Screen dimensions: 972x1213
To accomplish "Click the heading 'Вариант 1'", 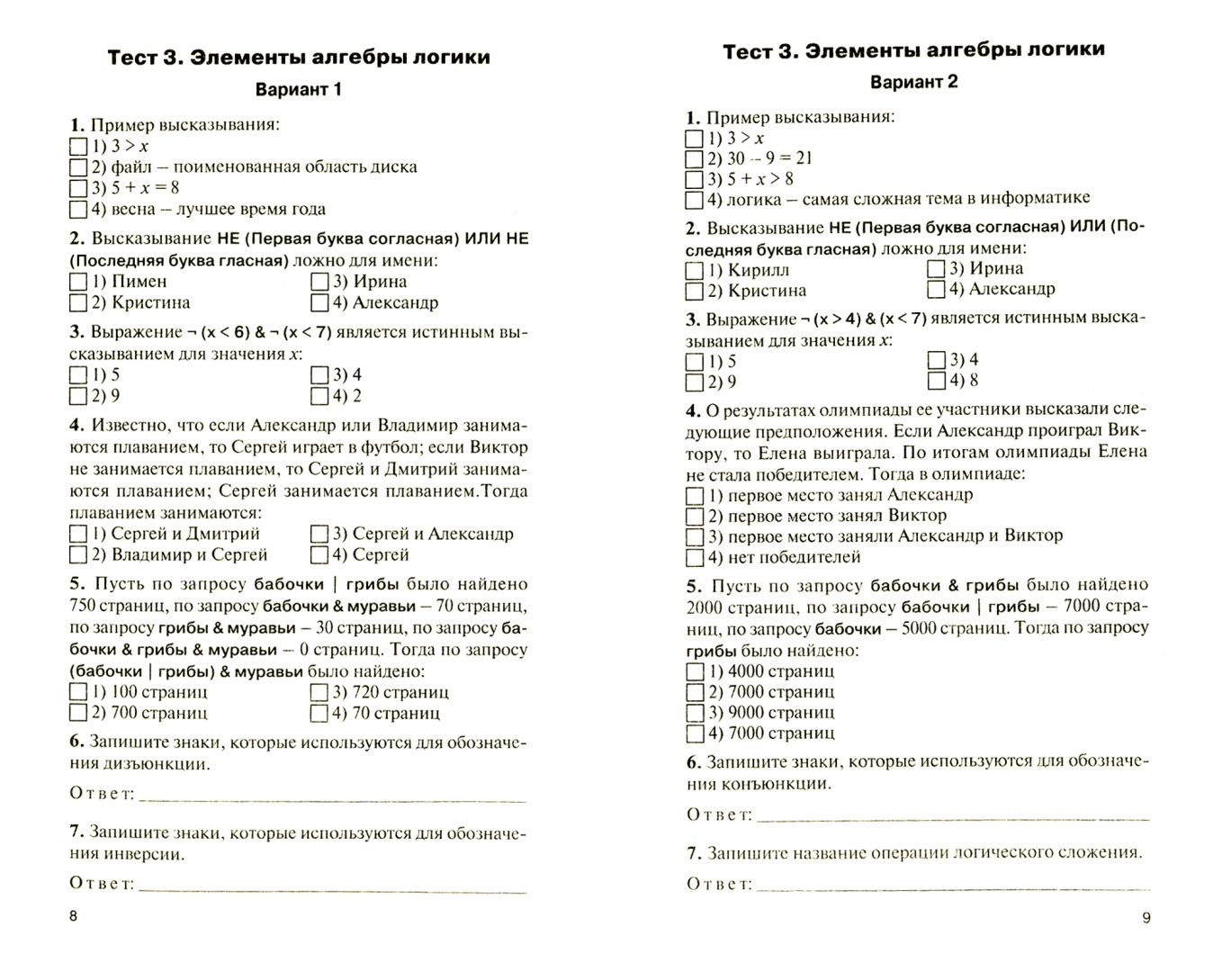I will tap(299, 90).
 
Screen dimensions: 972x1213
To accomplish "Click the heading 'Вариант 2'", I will tap(913, 82).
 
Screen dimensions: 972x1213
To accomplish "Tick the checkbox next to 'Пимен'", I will tap(78, 282).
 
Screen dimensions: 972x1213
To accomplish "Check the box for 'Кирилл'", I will tap(694, 271).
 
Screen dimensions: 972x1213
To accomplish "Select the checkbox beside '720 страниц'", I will tap(319, 693).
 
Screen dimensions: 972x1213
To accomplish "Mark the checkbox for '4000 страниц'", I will tap(695, 671).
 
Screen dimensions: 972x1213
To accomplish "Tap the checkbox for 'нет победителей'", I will tap(695, 557).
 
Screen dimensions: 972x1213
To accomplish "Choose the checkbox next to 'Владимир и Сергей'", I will tap(78, 556).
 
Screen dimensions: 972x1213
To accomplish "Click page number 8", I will tap(74, 916).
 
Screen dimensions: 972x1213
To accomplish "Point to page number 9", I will tap(1146, 918).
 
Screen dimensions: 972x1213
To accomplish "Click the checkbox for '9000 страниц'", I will tap(695, 713).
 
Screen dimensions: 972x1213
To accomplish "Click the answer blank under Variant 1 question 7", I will tap(333, 886).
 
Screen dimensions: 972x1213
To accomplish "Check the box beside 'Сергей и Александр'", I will tap(319, 535).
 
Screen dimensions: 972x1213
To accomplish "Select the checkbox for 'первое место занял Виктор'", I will tap(695, 517).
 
